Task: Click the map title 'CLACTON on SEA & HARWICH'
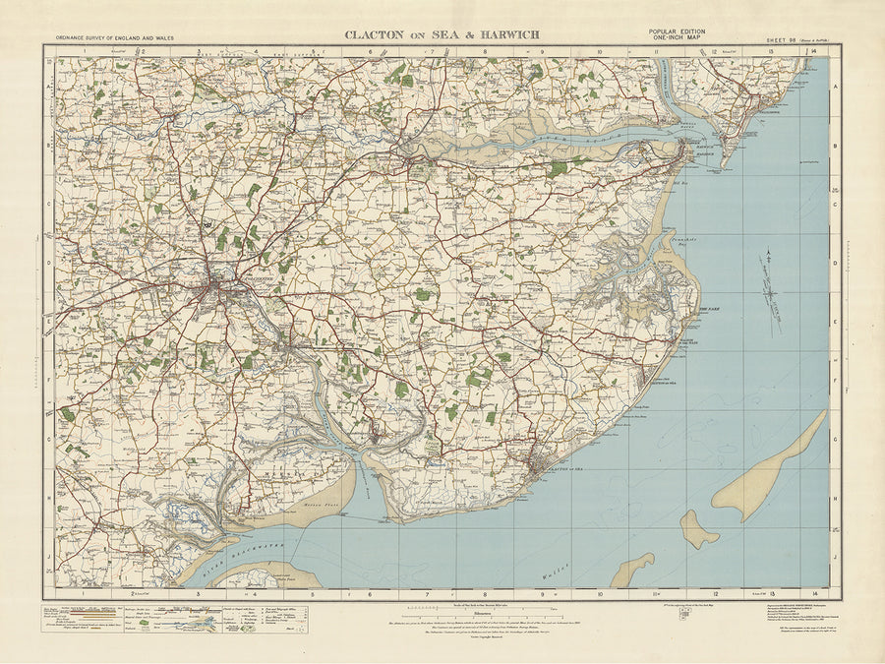pos(441,34)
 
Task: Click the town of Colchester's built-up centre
pos(218,286)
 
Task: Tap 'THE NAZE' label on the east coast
pos(710,310)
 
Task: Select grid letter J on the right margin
pos(836,556)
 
